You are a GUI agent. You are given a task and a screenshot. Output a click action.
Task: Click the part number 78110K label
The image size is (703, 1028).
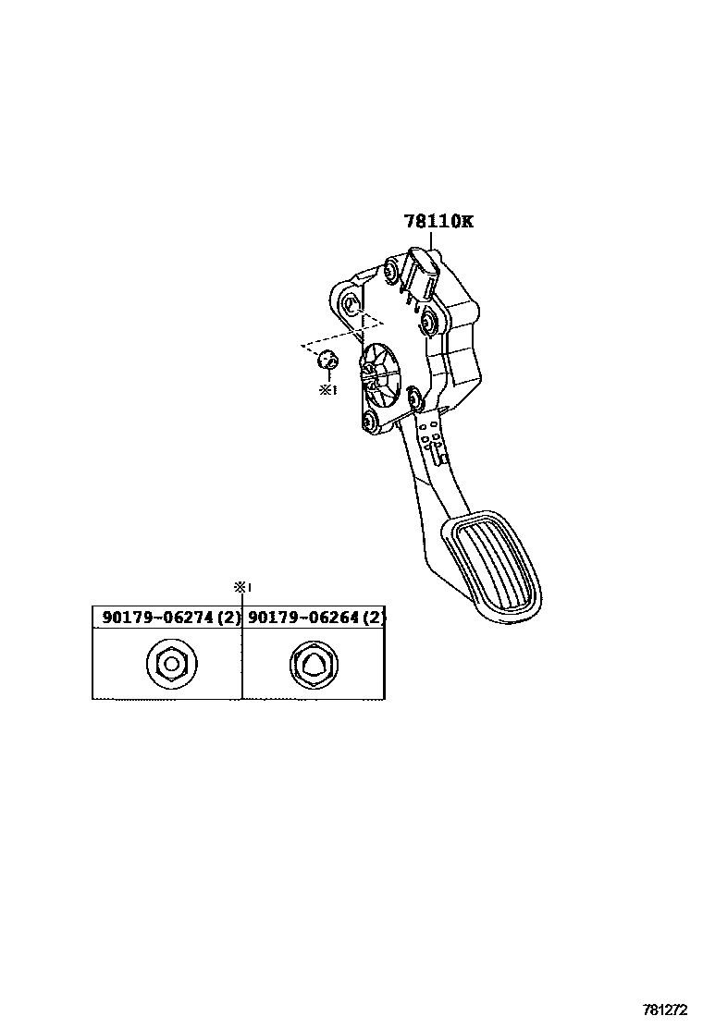click(x=438, y=222)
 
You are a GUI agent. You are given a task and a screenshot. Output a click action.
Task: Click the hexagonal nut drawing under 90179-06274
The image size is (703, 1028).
click(x=169, y=664)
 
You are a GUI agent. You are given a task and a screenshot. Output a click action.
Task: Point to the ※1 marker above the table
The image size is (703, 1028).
click(x=242, y=586)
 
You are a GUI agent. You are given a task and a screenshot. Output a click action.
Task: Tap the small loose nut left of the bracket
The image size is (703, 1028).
click(x=327, y=360)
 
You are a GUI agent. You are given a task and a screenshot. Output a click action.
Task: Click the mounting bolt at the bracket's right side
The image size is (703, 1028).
click(x=429, y=323)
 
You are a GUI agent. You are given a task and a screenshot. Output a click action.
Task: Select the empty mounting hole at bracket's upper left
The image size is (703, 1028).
click(x=350, y=306)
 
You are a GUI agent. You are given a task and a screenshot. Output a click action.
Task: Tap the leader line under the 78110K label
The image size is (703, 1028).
click(x=431, y=239)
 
